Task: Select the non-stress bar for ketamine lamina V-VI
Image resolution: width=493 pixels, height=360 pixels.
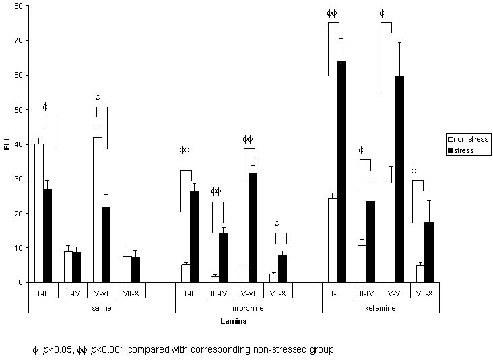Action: click(391, 233)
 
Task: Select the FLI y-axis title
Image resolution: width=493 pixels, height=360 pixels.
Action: click(7, 144)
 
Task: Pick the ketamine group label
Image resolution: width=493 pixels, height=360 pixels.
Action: click(380, 307)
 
